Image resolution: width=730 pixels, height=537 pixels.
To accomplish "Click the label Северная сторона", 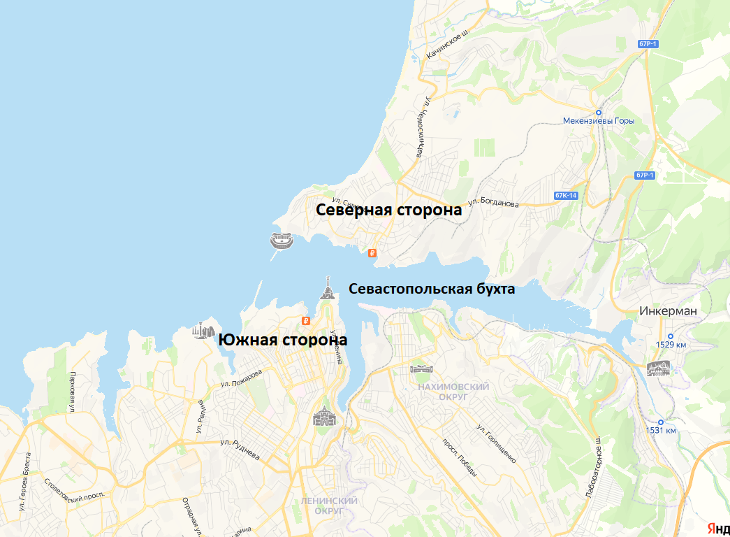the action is click(389, 210).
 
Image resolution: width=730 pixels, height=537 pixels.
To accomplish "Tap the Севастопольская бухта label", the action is click(432, 289).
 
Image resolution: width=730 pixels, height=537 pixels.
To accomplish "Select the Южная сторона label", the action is click(283, 340).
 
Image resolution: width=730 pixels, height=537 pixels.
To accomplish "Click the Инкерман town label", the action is click(669, 311).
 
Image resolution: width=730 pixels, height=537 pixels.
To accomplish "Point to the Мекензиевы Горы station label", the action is click(599, 120).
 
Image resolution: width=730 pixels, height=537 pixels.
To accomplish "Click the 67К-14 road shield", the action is click(566, 195).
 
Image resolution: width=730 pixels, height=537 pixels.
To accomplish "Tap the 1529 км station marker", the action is click(670, 336).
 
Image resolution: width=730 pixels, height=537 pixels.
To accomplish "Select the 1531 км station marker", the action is click(660, 422).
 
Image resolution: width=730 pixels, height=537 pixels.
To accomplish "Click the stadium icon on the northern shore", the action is click(282, 241).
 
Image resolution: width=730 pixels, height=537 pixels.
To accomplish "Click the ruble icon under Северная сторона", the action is click(372, 254).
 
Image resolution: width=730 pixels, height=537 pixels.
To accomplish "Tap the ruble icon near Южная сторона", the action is click(305, 321).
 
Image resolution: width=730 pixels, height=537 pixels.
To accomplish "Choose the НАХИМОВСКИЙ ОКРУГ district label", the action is click(443, 391).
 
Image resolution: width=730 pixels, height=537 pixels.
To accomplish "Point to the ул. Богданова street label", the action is click(494, 202).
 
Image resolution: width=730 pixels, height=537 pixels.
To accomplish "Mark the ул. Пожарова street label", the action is click(242, 378).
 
